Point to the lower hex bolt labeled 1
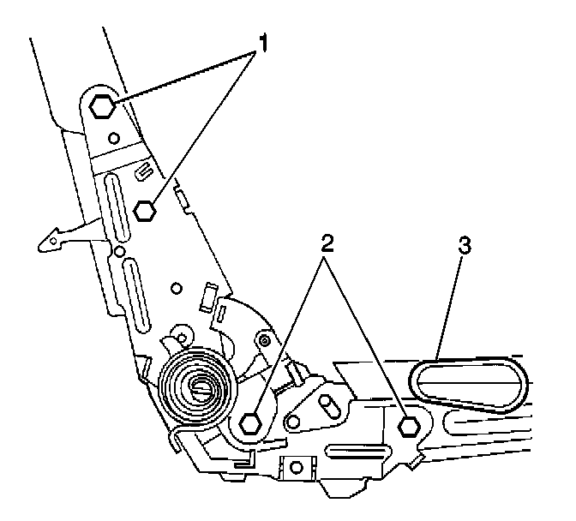146,208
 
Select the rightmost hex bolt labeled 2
409,425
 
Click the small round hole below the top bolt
113,136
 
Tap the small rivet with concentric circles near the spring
265,342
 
